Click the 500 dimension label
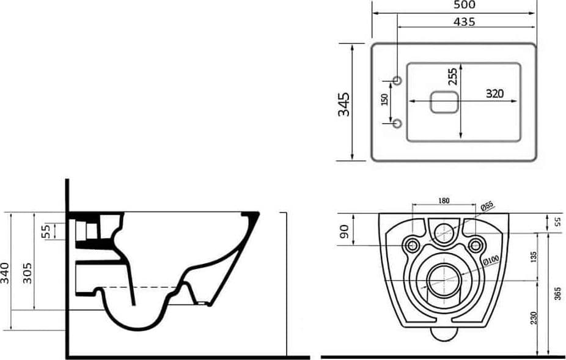[464, 5]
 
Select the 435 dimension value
[464, 22]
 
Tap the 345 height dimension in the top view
[344, 105]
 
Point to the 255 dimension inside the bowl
[453, 76]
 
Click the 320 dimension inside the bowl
[494, 94]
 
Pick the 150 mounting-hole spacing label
[384, 100]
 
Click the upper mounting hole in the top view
[397, 80]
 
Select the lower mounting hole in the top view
[397, 123]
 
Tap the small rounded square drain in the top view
[444, 102]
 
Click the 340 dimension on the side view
[5, 273]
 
